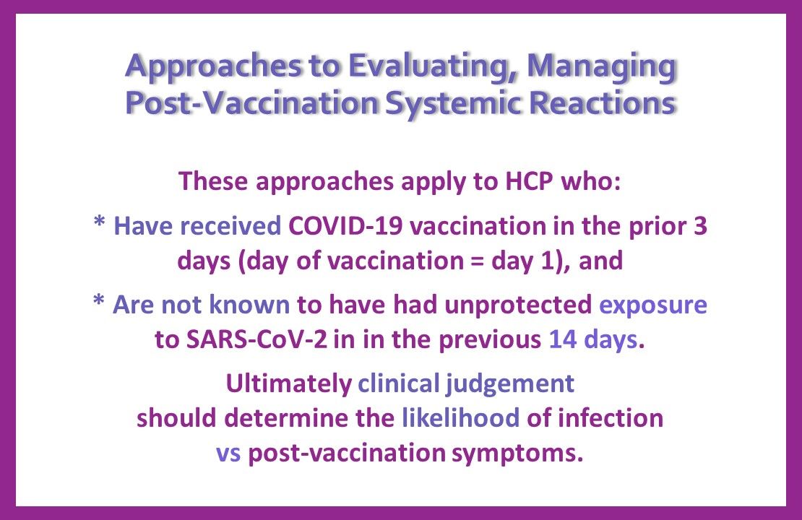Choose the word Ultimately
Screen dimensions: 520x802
[x=288, y=383]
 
